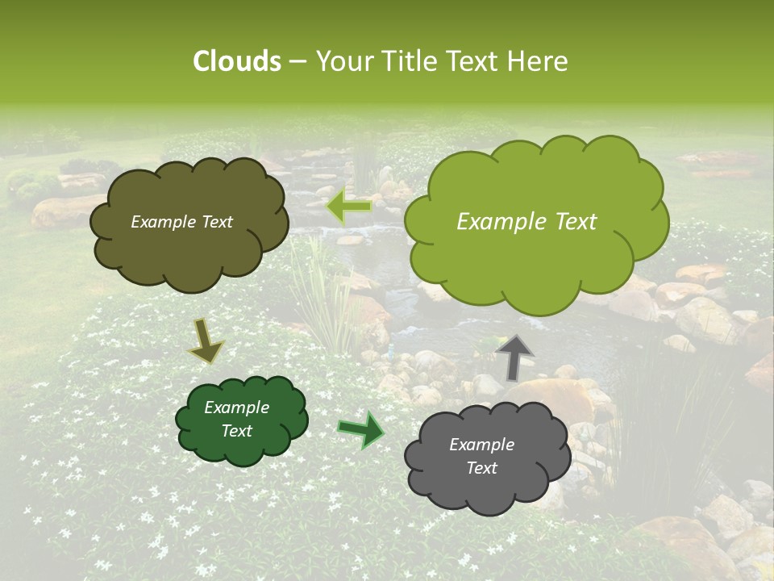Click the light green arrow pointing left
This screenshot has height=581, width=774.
pyautogui.click(x=348, y=207)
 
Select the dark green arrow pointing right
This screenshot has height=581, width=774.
pyautogui.click(x=361, y=429)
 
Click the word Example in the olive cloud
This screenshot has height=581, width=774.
pyautogui.click(x=164, y=222)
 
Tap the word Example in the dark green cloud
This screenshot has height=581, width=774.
pyautogui.click(x=237, y=408)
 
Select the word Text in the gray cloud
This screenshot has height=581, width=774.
pyautogui.click(x=481, y=468)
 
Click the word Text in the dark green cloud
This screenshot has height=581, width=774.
pyautogui.click(x=237, y=431)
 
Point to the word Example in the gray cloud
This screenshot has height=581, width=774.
pyautogui.click(x=481, y=445)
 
